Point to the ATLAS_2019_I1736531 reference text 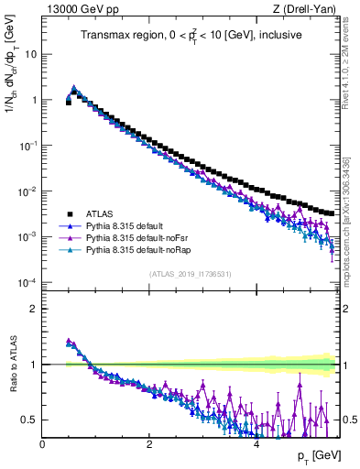[x=191, y=274]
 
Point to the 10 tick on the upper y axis [x=30, y=53]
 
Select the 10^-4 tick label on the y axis [x=27, y=282]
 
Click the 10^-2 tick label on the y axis [x=27, y=191]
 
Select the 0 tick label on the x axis [x=42, y=442]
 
